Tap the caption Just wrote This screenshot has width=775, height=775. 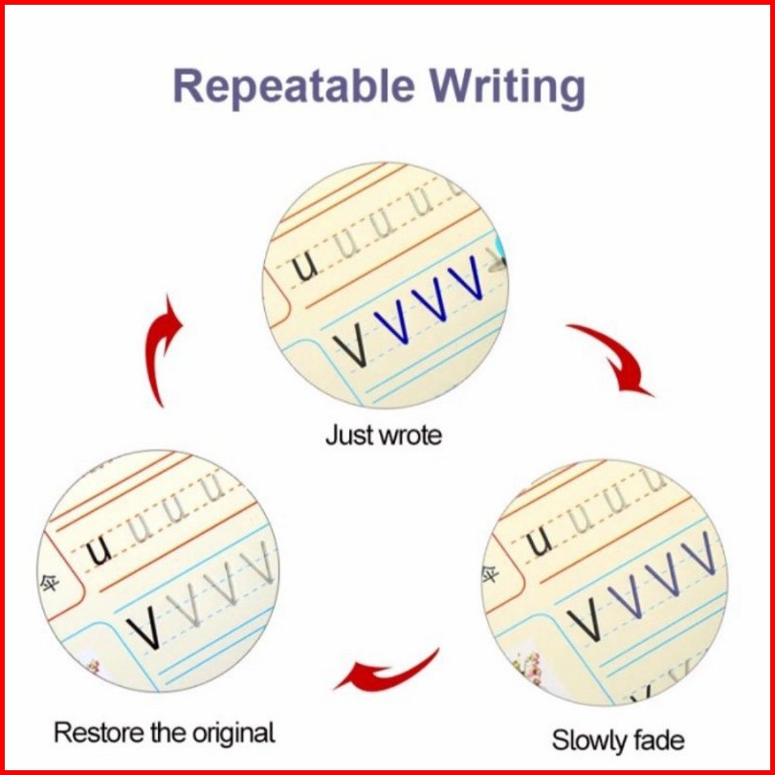tap(384, 435)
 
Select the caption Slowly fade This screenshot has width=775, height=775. tap(618, 740)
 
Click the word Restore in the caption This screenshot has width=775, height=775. tap(97, 734)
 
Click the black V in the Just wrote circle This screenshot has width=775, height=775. tap(352, 348)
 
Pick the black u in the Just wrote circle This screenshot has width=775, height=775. tap(305, 269)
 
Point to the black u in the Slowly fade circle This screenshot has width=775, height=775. tap(541, 543)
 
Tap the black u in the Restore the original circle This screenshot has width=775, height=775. tap(100, 551)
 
